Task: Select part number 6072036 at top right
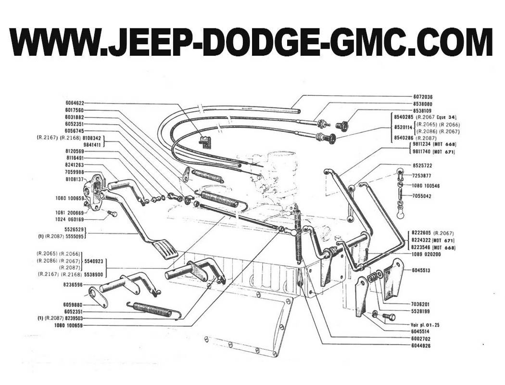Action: tap(423, 97)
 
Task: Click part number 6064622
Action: tap(75, 103)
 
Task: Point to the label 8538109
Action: tap(423, 111)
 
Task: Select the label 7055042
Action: tap(422, 196)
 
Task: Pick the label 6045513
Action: tap(421, 270)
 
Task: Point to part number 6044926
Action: tap(421, 346)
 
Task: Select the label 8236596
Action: tap(73, 285)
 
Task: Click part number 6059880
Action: tap(73, 305)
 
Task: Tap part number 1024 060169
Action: tap(70, 219)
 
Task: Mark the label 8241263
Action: tap(75, 165)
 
